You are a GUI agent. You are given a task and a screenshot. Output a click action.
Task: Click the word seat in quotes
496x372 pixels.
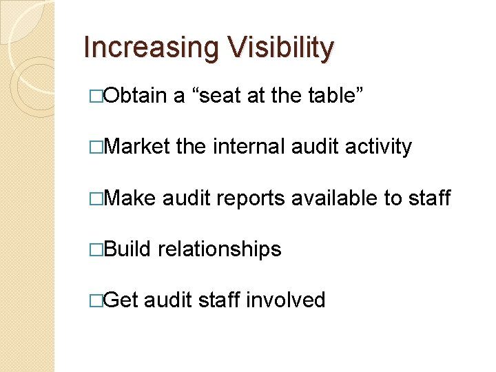point(220,96)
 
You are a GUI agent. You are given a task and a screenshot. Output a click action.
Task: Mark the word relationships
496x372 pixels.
point(220,249)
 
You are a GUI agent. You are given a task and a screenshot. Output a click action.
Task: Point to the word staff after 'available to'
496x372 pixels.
point(432,198)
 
